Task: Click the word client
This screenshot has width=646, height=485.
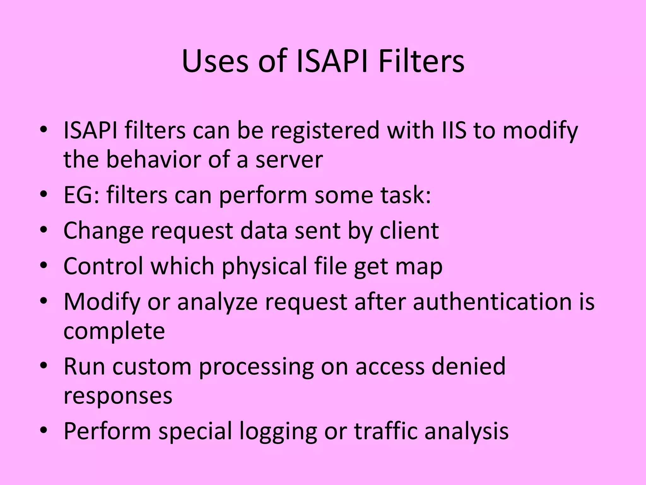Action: click(409, 231)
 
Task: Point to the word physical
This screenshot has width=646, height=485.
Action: click(264, 266)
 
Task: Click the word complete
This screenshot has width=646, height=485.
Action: click(114, 332)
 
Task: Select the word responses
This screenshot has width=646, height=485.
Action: click(118, 396)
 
